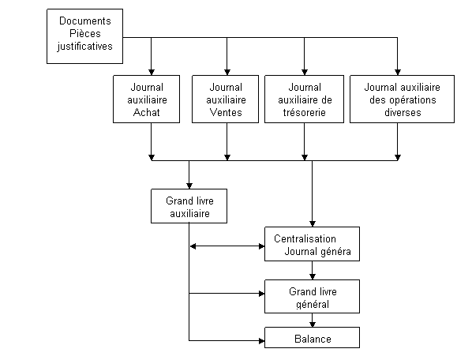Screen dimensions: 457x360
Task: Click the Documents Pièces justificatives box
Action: point(84,36)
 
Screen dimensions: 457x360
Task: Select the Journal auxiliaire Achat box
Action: point(146,99)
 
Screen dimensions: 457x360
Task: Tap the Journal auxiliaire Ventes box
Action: point(225,99)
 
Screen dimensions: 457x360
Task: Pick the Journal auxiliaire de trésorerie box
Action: point(305,99)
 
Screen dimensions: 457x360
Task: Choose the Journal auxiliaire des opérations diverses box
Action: point(403,99)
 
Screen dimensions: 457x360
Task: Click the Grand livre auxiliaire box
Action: point(189,206)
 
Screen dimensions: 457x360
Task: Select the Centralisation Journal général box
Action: point(312,244)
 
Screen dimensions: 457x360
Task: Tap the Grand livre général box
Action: point(312,297)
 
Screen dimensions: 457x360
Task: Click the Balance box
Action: point(312,338)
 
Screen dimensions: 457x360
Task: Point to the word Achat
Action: point(146,112)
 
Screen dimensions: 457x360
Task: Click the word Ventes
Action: point(226,112)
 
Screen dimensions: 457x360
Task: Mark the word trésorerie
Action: point(305,112)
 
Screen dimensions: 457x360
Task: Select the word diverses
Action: point(403,112)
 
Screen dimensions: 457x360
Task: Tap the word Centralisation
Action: point(305,238)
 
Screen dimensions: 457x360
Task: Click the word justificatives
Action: point(84,47)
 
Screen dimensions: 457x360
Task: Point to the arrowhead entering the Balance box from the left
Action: point(261,340)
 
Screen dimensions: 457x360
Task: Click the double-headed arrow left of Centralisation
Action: point(227,246)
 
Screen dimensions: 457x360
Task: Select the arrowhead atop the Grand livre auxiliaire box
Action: point(189,186)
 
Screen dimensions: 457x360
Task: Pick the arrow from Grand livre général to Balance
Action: point(312,321)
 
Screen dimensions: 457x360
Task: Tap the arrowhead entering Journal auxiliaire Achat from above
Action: point(152,72)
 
